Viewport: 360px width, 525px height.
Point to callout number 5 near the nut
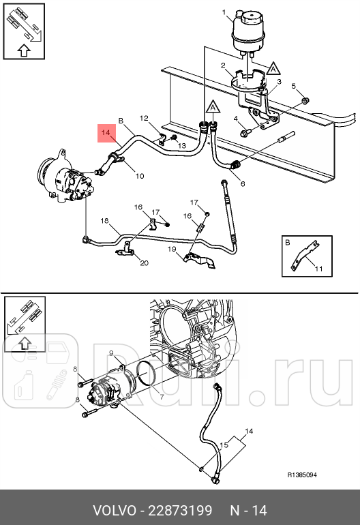(295, 86)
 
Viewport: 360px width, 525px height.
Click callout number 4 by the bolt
(237, 120)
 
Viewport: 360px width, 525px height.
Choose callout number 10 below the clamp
(139, 176)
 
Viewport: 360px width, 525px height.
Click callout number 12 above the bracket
(144, 119)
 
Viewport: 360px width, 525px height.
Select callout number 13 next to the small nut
(183, 145)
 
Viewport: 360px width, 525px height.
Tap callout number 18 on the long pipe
(105, 221)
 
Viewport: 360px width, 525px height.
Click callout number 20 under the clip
(143, 262)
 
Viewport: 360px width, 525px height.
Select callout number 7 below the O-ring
(162, 396)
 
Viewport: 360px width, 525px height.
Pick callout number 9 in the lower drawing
(111, 352)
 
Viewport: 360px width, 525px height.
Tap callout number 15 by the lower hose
(222, 445)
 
